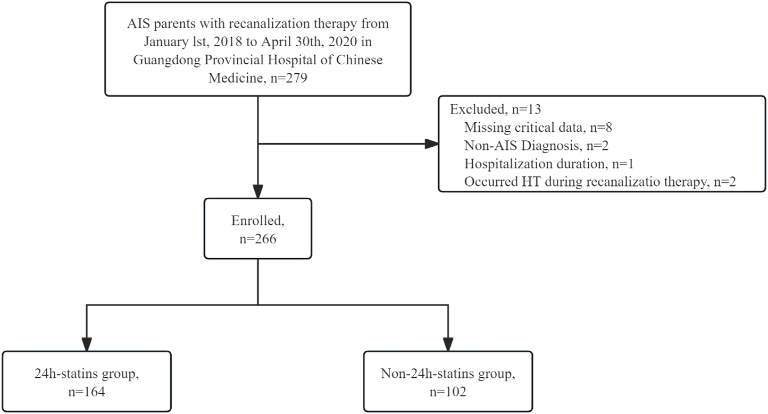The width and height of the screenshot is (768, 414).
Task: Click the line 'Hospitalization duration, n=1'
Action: point(548,163)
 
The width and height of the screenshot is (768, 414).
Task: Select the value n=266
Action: point(257,239)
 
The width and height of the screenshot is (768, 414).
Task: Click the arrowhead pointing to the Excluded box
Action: point(432,143)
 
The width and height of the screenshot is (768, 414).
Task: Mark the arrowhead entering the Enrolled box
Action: point(258,192)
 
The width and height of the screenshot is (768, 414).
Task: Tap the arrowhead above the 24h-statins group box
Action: point(86,344)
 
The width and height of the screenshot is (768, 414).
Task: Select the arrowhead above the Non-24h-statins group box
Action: point(448,344)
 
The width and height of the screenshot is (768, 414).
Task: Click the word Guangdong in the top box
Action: point(158,60)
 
